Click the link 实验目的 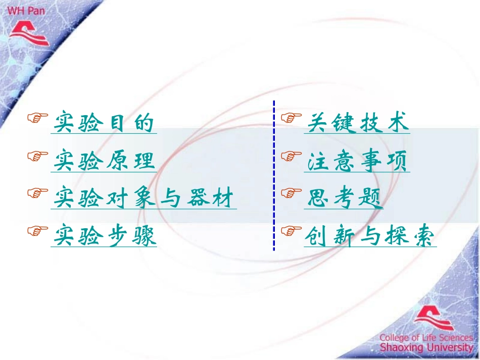(x=104, y=123)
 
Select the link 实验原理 (x=104, y=161)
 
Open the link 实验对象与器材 (x=144, y=198)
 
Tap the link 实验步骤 (x=104, y=236)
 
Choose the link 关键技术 (x=357, y=123)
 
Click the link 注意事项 (x=357, y=161)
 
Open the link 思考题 (x=344, y=198)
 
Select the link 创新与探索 (x=370, y=236)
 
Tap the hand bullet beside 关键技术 (x=291, y=118)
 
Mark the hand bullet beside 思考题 (x=291, y=193)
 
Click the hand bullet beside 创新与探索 (x=291, y=231)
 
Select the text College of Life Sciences (x=426, y=337)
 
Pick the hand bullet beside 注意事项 (x=291, y=156)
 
